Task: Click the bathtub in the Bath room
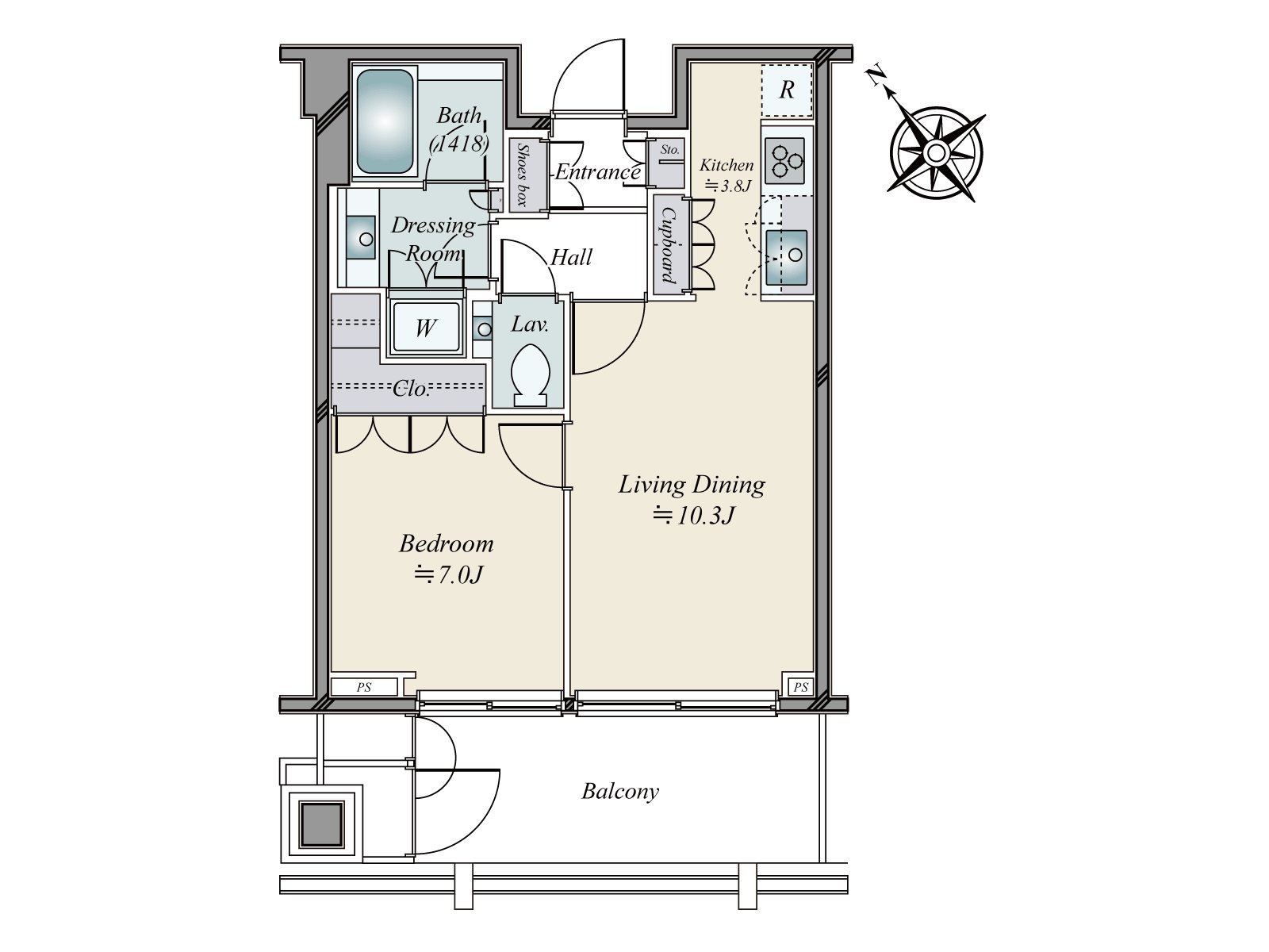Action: tap(385, 122)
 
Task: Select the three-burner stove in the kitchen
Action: tap(784, 160)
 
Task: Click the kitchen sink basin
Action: tap(786, 257)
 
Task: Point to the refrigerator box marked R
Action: tap(786, 90)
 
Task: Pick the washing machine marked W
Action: tap(426, 328)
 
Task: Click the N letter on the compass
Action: tap(877, 75)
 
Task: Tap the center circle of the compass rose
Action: tap(934, 154)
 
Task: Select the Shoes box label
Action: tap(523, 175)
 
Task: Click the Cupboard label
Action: tap(669, 245)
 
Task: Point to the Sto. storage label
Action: tap(670, 150)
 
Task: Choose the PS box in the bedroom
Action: tap(364, 687)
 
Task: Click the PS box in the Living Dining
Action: tap(801, 687)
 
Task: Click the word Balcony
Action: tap(619, 791)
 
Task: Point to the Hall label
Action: tap(571, 257)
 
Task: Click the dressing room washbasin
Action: tap(361, 238)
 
